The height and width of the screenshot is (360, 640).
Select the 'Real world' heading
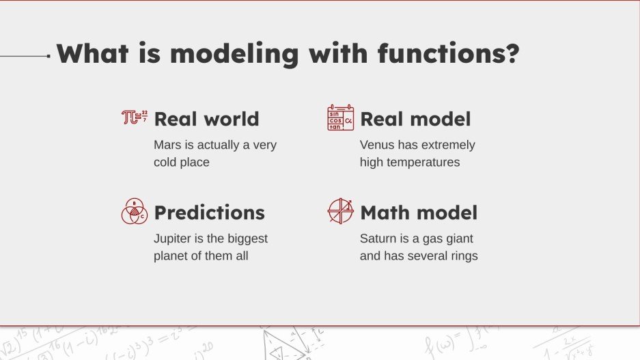pyautogui.click(x=206, y=119)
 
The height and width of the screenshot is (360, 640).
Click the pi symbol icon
pyautogui.click(x=134, y=117)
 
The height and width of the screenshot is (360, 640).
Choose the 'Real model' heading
pyautogui.click(x=415, y=119)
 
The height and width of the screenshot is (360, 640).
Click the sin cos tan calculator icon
pyautogui.click(x=340, y=117)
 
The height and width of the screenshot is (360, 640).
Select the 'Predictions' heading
pyautogui.click(x=209, y=212)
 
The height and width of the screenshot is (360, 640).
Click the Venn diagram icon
pyautogui.click(x=135, y=212)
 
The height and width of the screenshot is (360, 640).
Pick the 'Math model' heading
pyautogui.click(x=418, y=212)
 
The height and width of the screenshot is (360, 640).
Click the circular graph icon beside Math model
pyautogui.click(x=340, y=211)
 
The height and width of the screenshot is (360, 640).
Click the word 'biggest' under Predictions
pyautogui.click(x=247, y=238)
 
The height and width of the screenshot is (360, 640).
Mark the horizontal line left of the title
pyautogui.click(x=25, y=56)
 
